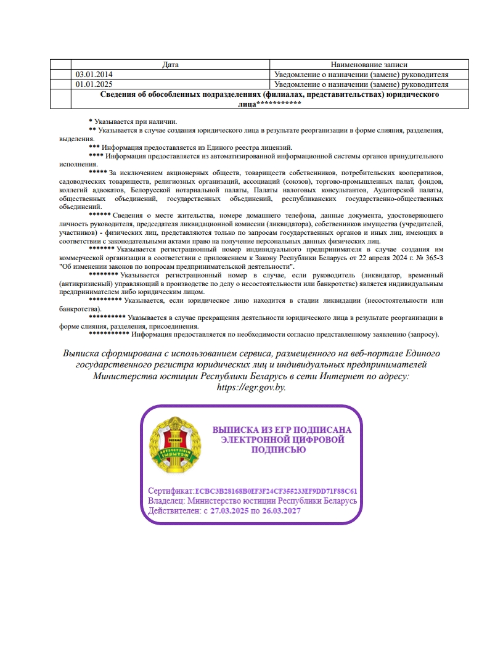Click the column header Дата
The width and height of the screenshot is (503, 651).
coord(170,64)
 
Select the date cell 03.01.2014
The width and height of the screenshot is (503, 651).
coord(94,74)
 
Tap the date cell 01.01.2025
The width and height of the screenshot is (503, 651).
coord(94,84)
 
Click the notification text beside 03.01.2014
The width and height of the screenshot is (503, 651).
coord(361,74)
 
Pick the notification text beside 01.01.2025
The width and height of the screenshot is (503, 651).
coord(361,84)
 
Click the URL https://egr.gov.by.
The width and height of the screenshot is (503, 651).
coord(251,387)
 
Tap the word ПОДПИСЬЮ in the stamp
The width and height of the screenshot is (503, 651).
coord(279,450)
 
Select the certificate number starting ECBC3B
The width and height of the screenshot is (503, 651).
coord(276,491)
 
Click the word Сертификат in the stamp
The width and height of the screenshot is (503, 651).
coord(171,491)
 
